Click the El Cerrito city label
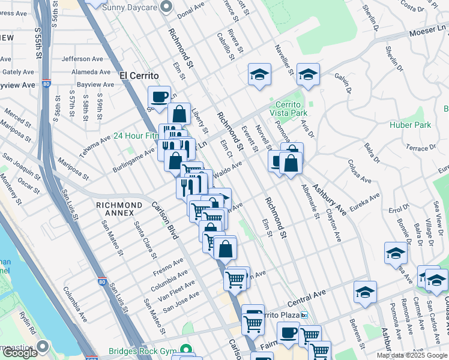click(139, 76)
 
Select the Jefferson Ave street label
click(82, 59)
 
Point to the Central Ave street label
click(306, 293)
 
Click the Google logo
click(20, 353)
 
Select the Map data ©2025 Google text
click(412, 355)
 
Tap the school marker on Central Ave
click(365, 292)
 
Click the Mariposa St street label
click(74, 169)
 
